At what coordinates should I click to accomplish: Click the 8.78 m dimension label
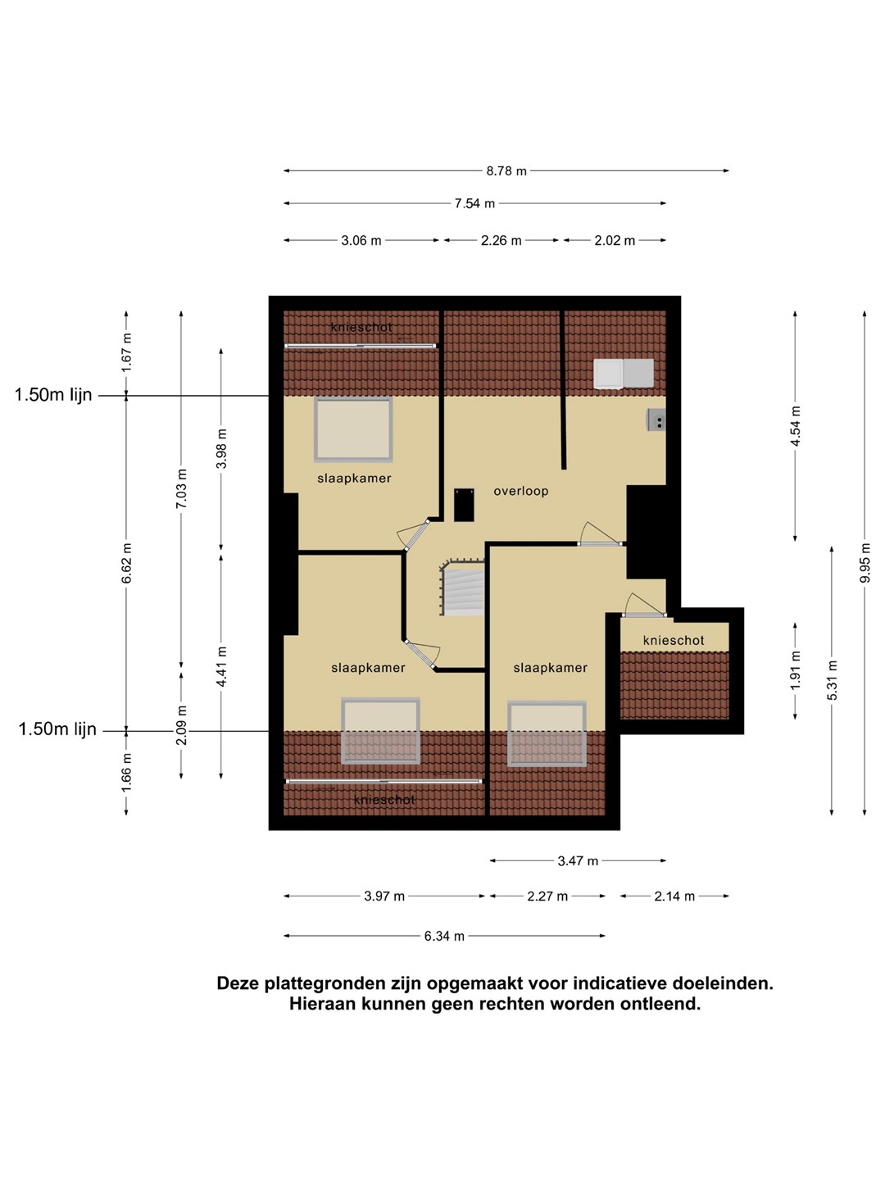506,171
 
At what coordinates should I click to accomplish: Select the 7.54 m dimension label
474,203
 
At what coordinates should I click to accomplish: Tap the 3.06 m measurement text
361,240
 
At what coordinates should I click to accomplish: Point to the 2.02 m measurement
615,240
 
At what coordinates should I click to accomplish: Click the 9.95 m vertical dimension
865,563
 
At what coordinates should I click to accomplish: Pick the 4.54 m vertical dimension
796,426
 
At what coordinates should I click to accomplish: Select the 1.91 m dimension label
796,670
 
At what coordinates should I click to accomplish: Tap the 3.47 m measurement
578,860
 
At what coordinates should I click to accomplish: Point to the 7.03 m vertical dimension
182,488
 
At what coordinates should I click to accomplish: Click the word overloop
520,491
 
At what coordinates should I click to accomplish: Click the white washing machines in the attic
624,373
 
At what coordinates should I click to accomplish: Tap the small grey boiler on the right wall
656,420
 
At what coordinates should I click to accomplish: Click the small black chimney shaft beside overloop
464,505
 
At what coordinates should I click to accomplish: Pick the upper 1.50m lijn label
53,395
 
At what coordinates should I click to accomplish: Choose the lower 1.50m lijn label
57,729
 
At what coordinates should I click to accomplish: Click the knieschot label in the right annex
674,640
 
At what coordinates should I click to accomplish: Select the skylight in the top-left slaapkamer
353,429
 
